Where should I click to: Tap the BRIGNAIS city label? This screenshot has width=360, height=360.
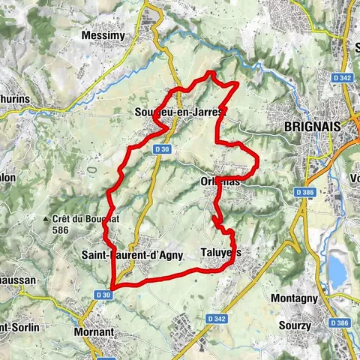click(307, 127)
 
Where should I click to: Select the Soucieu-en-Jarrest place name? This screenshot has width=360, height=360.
click(181, 112)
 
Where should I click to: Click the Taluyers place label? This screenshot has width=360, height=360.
click(222, 253)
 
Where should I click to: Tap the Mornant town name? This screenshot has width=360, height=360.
click(94, 331)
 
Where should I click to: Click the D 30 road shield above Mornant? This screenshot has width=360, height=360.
click(103, 295)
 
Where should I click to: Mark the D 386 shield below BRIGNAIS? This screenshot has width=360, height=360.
click(304, 193)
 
